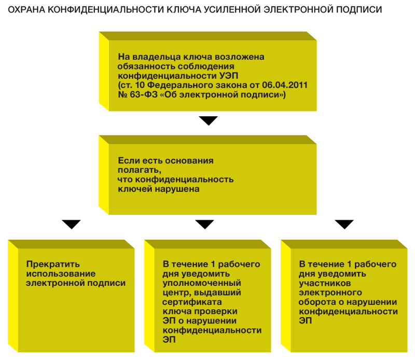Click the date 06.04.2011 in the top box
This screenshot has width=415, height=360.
pyautogui.click(x=285, y=85)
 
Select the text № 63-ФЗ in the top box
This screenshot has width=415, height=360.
pyautogui.click(x=137, y=94)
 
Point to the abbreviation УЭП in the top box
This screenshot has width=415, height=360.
pyautogui.click(x=229, y=76)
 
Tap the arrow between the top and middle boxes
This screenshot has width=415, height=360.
pyautogui.click(x=209, y=121)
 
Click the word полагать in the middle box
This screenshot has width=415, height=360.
pyautogui.click(x=140, y=170)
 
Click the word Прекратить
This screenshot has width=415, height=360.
pyautogui.click(x=53, y=264)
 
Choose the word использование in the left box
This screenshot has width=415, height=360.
pyautogui.click(x=61, y=274)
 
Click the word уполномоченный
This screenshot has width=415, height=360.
pyautogui.click(x=202, y=283)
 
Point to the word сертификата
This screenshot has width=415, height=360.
pyautogui.click(x=192, y=302)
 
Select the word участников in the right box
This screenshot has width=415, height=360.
pyautogui.click(x=325, y=283)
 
